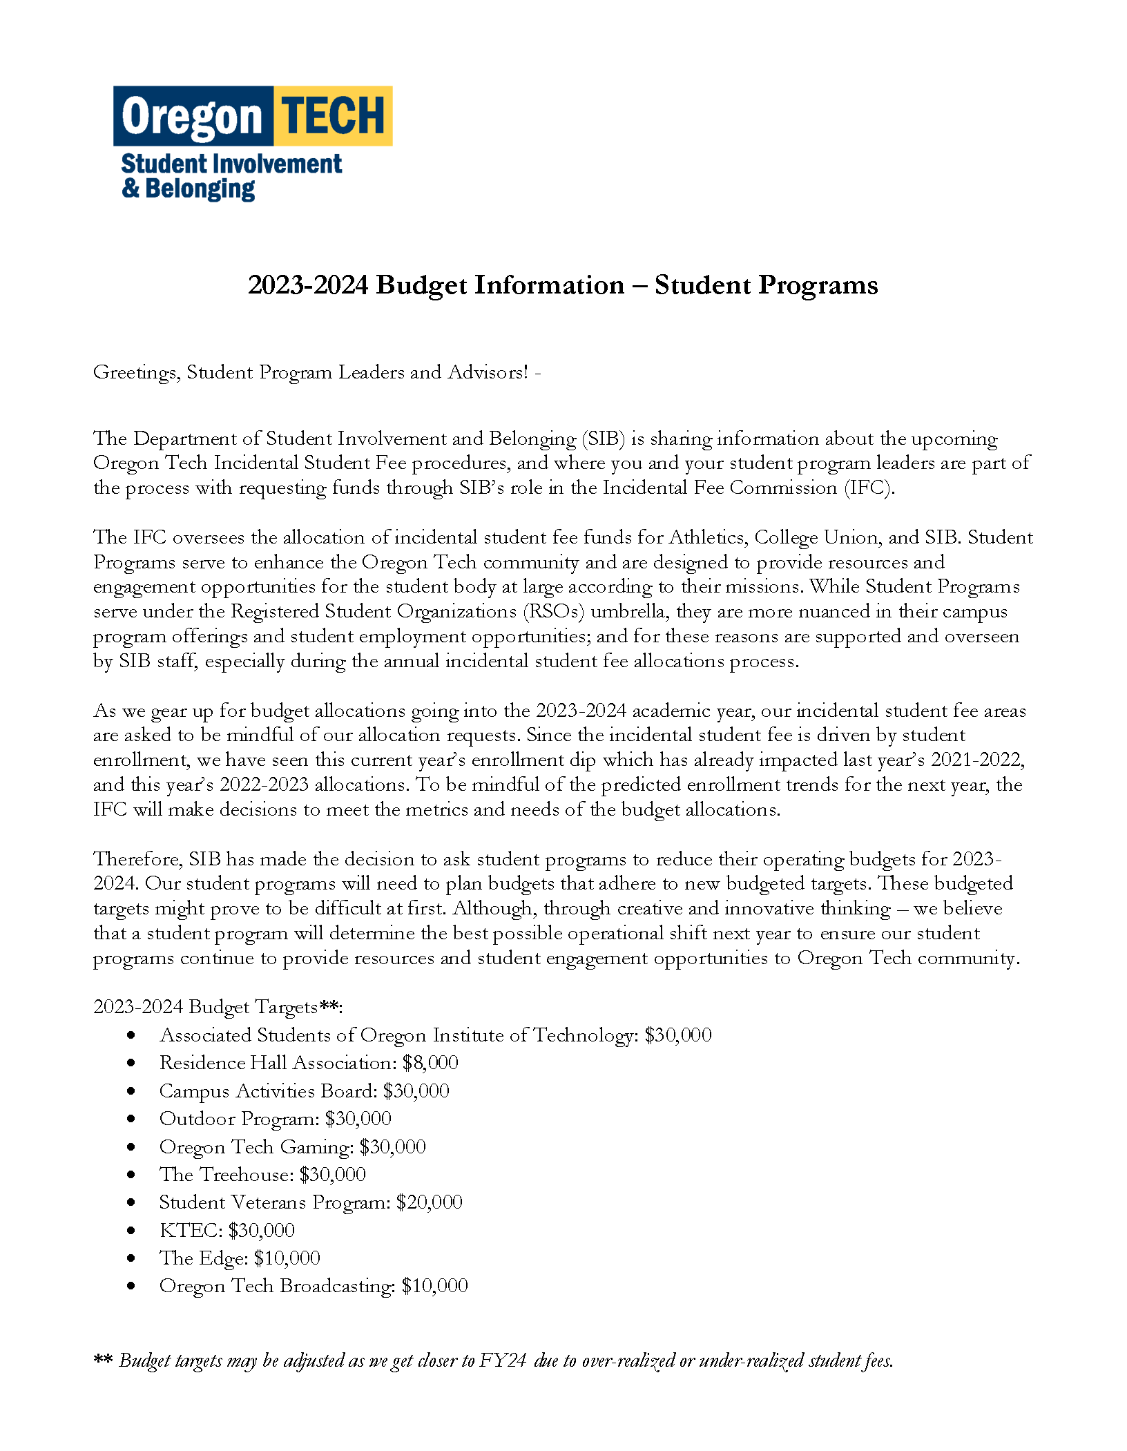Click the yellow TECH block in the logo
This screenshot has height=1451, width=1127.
click(x=333, y=115)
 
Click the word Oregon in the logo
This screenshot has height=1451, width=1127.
click(x=192, y=117)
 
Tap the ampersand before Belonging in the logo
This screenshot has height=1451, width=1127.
click(x=130, y=188)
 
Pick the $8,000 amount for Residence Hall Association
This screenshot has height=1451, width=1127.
click(x=430, y=1063)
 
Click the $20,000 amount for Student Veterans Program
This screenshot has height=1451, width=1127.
click(x=429, y=1202)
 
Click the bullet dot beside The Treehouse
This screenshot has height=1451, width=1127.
click(x=131, y=1175)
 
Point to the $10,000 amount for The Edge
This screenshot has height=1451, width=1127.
click(x=287, y=1258)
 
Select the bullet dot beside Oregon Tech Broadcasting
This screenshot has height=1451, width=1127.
click(x=131, y=1286)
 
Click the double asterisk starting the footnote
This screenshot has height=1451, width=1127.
click(x=103, y=1359)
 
